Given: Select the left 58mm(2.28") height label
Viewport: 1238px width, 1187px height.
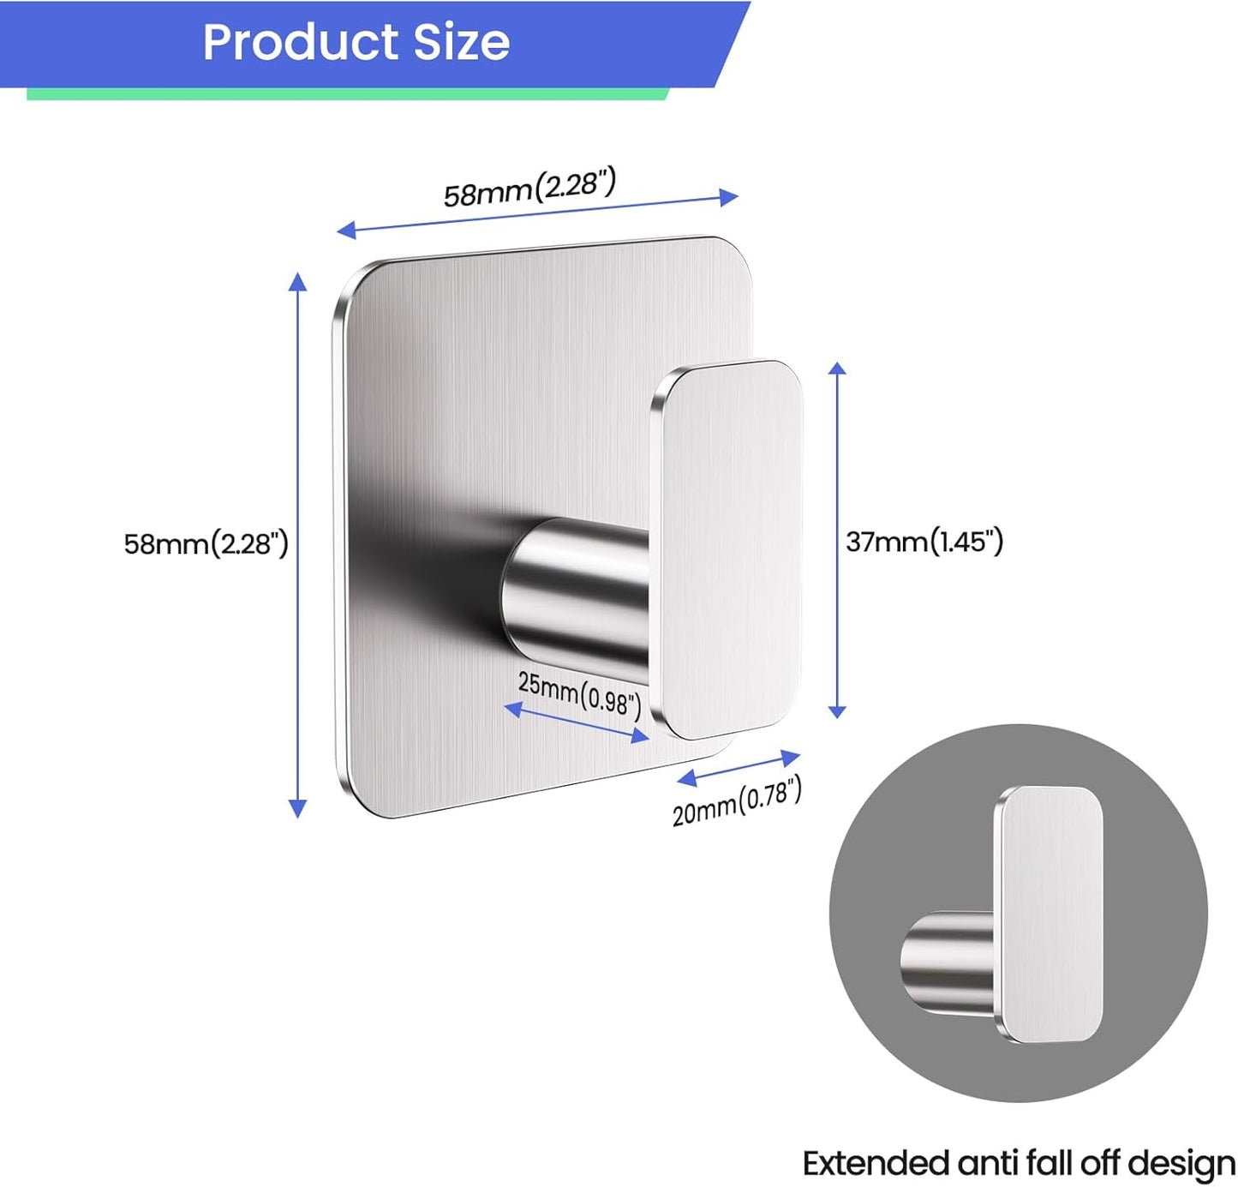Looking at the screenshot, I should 206,544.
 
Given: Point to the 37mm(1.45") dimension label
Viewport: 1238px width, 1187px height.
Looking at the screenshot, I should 924,542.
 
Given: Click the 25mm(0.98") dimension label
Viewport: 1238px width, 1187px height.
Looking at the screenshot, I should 579,692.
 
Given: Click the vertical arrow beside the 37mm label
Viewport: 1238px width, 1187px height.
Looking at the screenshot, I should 837,540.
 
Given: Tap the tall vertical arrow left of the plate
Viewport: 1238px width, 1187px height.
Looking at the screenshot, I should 297,544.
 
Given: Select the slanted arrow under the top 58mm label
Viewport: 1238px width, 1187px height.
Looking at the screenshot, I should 537,213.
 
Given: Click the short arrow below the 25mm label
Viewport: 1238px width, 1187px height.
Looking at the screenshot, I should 576,722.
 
